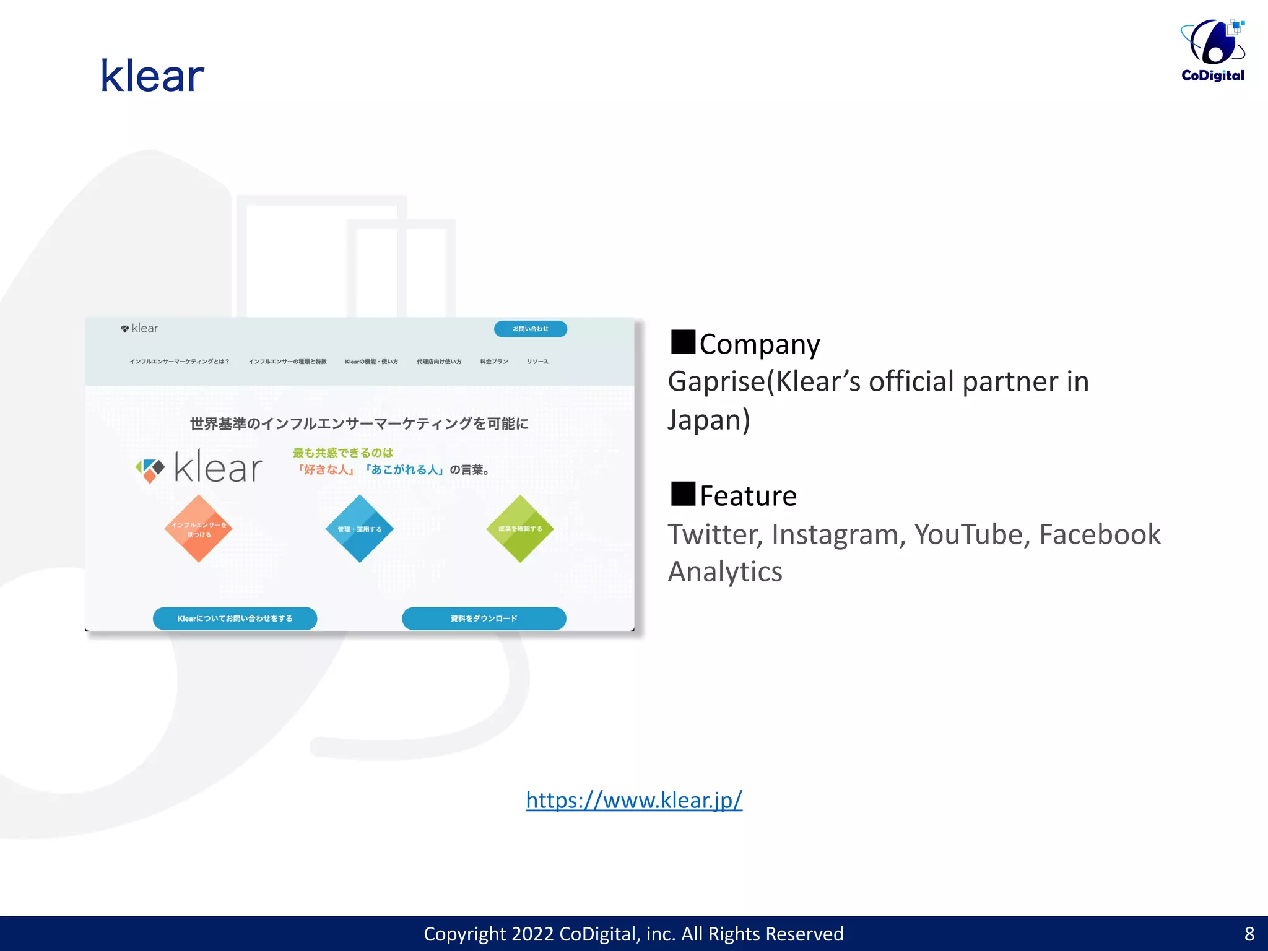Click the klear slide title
152,76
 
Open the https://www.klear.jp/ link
634,800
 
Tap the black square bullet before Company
683,342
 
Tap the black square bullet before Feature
683,493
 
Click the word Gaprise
716,381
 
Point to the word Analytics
725,571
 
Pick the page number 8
1249,934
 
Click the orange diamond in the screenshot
198,529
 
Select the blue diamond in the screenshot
359,529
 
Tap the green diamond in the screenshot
520,529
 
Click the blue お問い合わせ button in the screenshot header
530,329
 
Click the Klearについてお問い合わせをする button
235,619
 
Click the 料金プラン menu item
494,362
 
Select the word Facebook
1100,534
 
